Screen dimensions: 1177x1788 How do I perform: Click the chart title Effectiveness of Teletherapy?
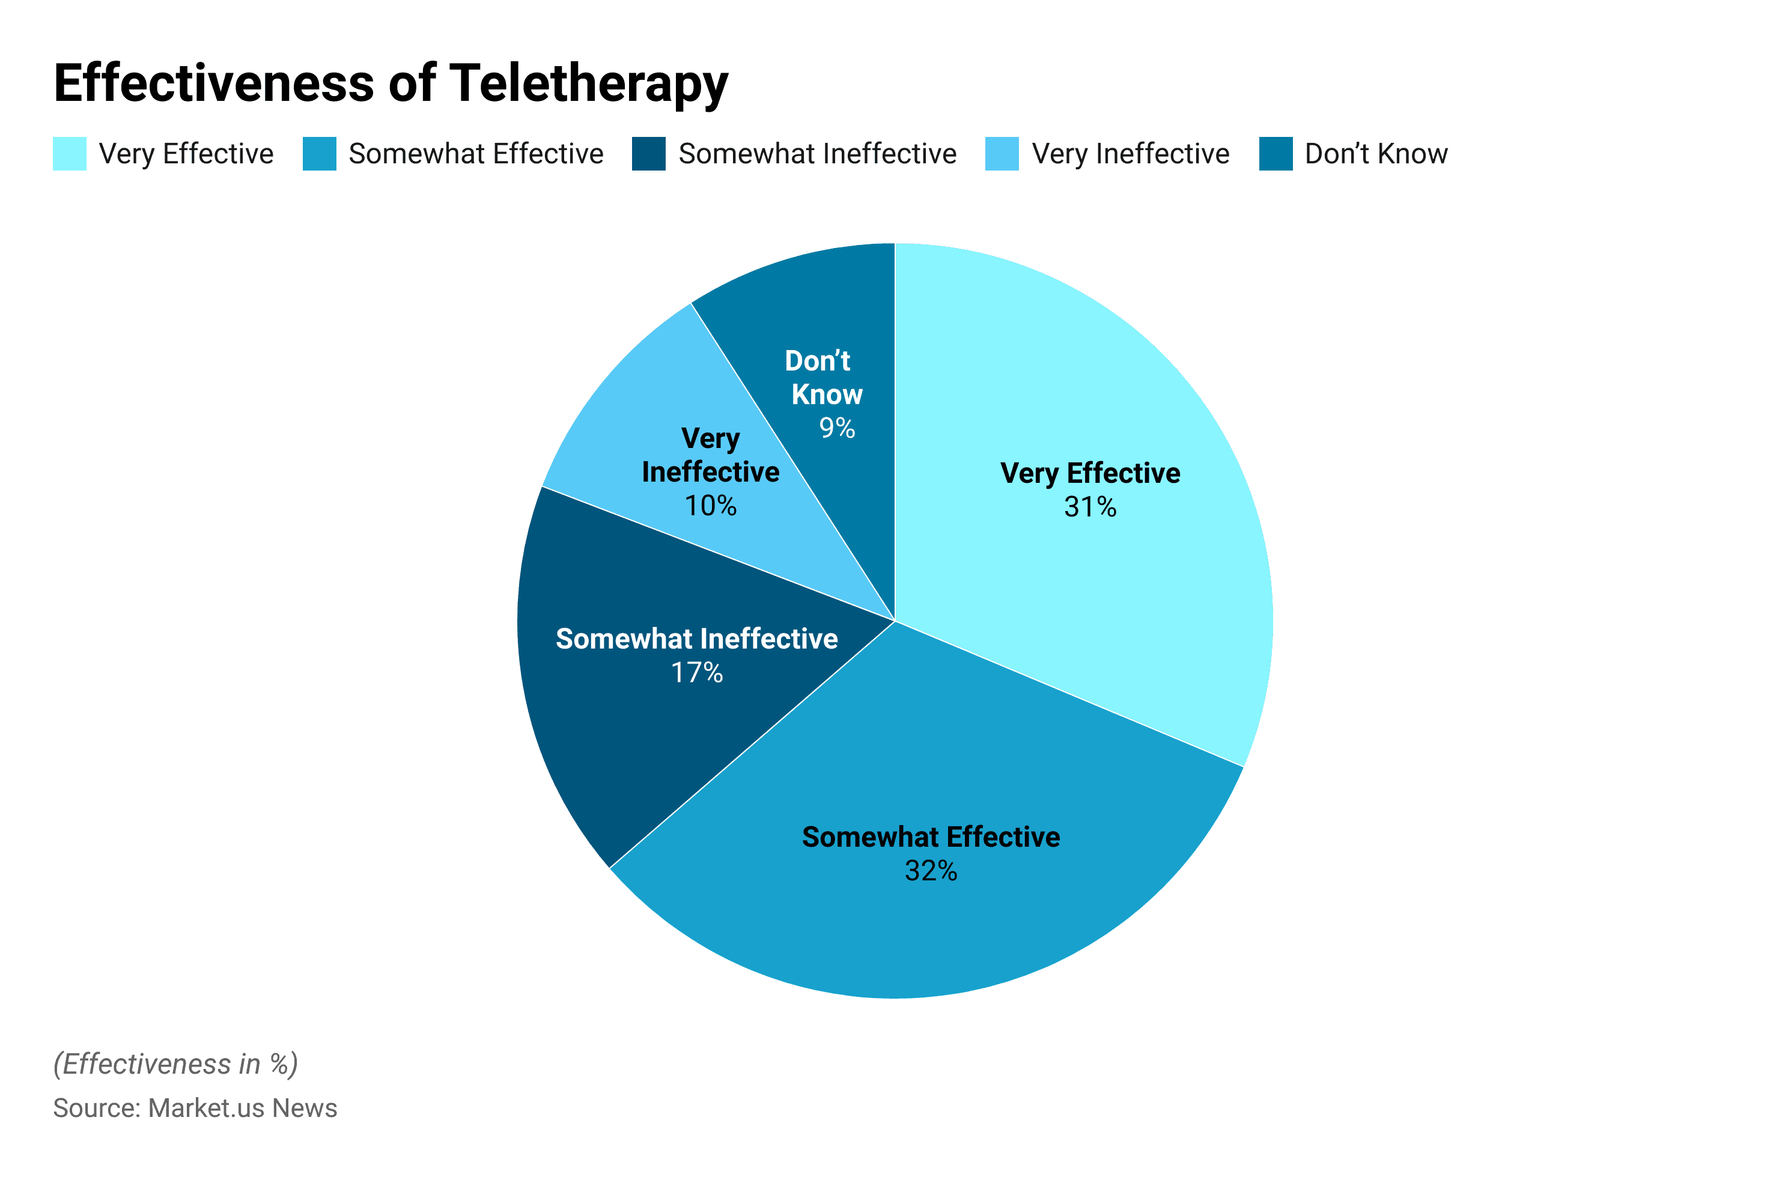pyautogui.click(x=391, y=83)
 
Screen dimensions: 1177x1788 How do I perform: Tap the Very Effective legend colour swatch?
pyautogui.click(x=69, y=153)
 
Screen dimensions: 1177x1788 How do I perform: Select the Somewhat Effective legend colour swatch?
pyautogui.click(x=319, y=153)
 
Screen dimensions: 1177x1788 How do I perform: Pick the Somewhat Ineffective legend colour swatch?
pyautogui.click(x=648, y=153)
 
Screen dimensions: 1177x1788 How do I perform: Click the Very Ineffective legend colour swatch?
pyautogui.click(x=1002, y=153)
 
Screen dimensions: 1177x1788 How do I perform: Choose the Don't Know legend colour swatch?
pyautogui.click(x=1275, y=153)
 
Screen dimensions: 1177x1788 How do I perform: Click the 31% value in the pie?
pyautogui.click(x=1089, y=507)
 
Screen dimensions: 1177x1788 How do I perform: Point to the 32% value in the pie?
pyautogui.click(x=930, y=871)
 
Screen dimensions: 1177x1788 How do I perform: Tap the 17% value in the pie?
pyautogui.click(x=696, y=672)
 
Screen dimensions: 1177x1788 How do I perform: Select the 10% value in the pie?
pyautogui.click(x=710, y=506)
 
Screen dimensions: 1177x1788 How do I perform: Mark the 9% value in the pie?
pyautogui.click(x=837, y=428)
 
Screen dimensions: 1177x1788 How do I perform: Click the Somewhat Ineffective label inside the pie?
pyautogui.click(x=696, y=638)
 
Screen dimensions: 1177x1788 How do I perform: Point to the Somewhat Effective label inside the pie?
pyautogui.click(x=930, y=837)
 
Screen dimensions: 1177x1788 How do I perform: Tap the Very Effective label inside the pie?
pyautogui.click(x=1089, y=473)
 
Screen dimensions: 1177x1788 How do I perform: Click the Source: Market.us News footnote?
pyautogui.click(x=195, y=1108)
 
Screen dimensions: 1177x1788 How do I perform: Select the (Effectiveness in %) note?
pyautogui.click(x=175, y=1064)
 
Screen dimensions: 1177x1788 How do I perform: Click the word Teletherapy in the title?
pyautogui.click(x=588, y=83)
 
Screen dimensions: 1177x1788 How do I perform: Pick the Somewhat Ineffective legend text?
pyautogui.click(x=816, y=153)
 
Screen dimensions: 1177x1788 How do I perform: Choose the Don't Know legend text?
pyautogui.click(x=1376, y=153)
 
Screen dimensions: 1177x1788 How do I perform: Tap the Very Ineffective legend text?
pyautogui.click(x=1130, y=153)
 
